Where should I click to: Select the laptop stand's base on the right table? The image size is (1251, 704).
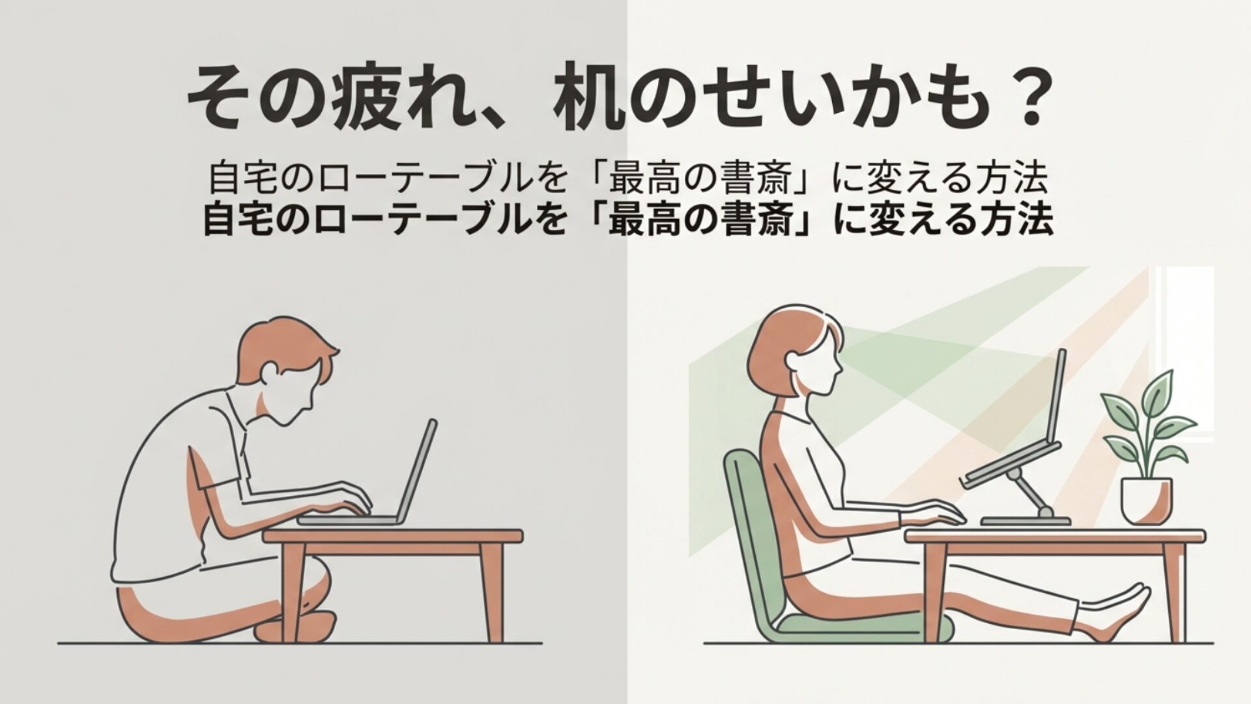pos(1027,520)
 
